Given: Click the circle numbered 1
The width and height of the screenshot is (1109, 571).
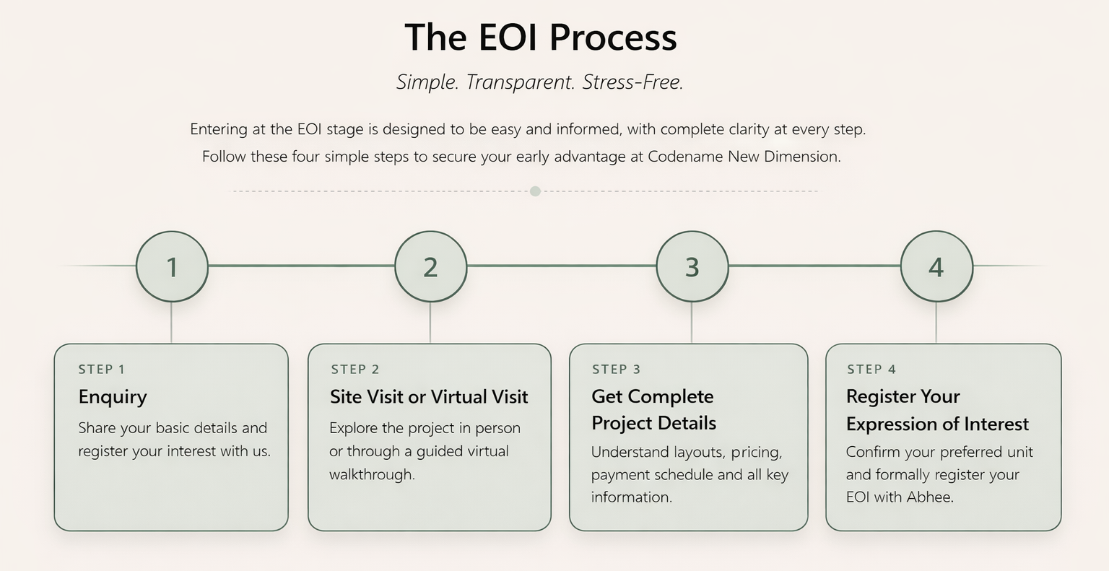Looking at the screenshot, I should [172, 266].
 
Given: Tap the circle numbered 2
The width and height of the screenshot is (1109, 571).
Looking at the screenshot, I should [430, 266].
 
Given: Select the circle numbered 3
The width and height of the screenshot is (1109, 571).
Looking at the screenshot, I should [692, 266].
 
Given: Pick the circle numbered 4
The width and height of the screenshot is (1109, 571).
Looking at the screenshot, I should [936, 266].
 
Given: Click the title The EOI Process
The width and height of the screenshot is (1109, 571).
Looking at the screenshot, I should [541, 37].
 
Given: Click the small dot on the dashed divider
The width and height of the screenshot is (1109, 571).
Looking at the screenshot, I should [535, 191].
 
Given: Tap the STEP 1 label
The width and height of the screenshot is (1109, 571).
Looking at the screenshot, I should [102, 370].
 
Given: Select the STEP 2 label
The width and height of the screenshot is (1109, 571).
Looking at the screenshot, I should [355, 370].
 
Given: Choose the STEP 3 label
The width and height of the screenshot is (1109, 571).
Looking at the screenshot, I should [616, 370].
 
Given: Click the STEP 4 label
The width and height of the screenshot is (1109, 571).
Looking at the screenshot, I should [871, 370].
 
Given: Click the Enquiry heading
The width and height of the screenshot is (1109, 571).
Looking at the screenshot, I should [113, 397].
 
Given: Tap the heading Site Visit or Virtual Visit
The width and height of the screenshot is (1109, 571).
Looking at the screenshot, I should [429, 397].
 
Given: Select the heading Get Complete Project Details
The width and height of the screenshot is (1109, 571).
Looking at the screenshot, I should [653, 409].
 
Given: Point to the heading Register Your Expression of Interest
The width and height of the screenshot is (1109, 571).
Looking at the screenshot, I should [937, 410].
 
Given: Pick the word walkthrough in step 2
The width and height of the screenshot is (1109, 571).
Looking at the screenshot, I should [371, 475].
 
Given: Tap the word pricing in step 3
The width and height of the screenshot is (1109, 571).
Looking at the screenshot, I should [756, 453].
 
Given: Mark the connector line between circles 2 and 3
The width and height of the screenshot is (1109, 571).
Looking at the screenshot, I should [561, 266].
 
